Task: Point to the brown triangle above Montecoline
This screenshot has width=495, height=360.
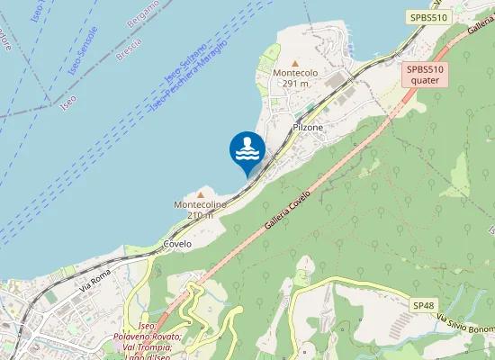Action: (x=200, y=193)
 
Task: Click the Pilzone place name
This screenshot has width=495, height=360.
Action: (x=308, y=128)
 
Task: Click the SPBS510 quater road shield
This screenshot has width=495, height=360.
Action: (x=425, y=74)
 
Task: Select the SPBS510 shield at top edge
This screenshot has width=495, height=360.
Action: (x=427, y=17)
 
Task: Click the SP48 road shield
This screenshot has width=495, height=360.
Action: (x=424, y=306)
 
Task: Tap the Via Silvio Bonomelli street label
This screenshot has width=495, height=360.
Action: (x=466, y=324)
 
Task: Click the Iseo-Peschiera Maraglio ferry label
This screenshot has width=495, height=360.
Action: (x=189, y=77)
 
